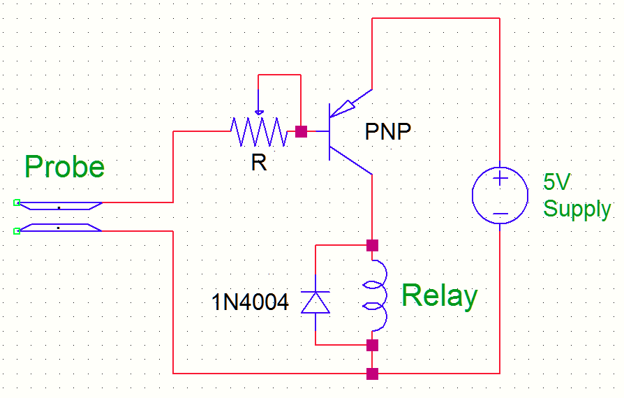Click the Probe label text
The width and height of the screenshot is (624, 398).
click(64, 168)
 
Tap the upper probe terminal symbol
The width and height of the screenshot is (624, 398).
click(59, 205)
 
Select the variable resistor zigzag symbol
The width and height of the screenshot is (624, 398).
click(258, 131)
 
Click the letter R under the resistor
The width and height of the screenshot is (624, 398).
click(259, 163)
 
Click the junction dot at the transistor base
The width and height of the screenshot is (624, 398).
click(301, 131)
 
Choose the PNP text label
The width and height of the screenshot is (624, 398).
click(388, 132)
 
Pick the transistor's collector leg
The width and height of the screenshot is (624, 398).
click(352, 161)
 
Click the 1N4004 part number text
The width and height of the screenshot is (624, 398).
click(250, 302)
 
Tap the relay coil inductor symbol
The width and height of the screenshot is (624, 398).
click(375, 295)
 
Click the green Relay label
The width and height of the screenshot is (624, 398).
click(439, 296)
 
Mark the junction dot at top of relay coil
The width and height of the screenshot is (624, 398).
click(372, 245)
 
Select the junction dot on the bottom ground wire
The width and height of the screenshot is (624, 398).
click(372, 374)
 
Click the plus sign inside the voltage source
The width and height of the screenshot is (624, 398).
click(500, 178)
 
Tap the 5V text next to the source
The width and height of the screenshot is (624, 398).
click(557, 183)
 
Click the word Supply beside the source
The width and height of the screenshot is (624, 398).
click(577, 208)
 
